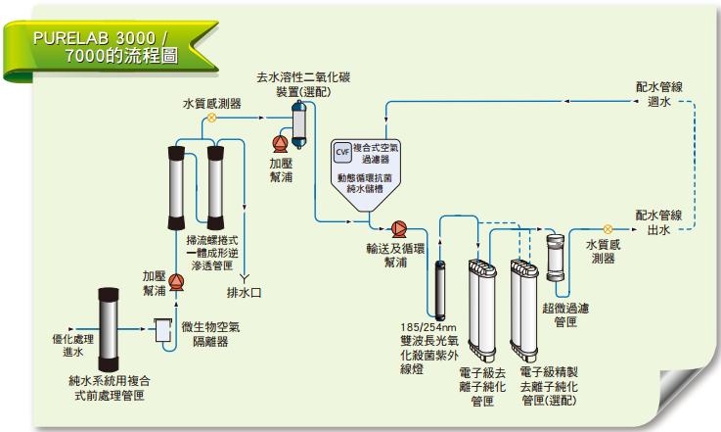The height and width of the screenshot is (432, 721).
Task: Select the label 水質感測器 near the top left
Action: [212, 103]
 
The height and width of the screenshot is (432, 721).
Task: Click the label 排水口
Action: [244, 291]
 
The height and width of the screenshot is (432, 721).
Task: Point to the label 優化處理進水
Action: [72, 345]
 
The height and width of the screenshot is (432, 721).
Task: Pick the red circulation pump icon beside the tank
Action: [399, 224]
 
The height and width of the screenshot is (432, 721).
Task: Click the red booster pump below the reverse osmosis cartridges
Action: [176, 282]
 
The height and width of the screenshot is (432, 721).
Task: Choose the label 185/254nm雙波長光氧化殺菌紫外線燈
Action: [428, 347]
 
